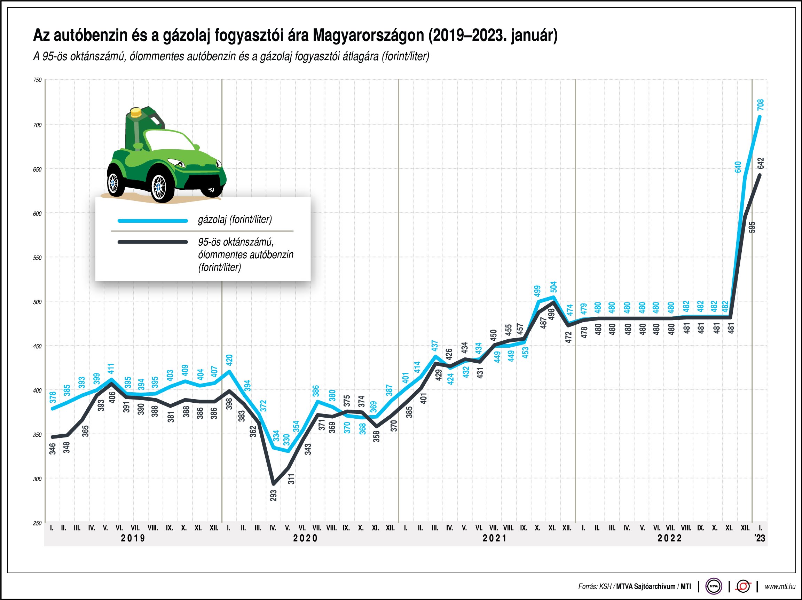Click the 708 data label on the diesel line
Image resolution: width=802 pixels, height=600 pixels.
(x=760, y=105)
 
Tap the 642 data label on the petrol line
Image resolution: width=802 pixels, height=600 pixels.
(x=761, y=163)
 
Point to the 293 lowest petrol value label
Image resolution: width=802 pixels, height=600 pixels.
(x=273, y=496)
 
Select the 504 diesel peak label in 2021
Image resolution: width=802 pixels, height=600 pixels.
(x=553, y=287)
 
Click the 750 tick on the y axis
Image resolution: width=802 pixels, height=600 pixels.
(x=37, y=80)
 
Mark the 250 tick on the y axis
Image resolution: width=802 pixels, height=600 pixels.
(x=37, y=523)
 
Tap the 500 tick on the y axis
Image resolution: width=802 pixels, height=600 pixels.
(x=37, y=302)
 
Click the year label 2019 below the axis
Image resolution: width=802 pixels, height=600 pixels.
(x=133, y=538)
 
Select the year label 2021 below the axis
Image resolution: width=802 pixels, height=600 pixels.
(x=495, y=538)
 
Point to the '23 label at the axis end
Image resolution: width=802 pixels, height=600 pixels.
(x=760, y=538)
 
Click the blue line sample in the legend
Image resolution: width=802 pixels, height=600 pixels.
(x=153, y=221)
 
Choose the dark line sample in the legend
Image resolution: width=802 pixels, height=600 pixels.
(x=153, y=242)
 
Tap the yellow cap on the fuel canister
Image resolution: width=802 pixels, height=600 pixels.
(x=136, y=112)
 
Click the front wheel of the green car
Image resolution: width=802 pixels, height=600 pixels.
(x=159, y=187)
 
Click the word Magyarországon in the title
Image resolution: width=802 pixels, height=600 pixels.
(x=368, y=35)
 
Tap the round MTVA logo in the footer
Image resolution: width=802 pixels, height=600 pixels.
(x=714, y=586)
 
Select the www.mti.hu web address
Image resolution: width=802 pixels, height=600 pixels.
(x=780, y=586)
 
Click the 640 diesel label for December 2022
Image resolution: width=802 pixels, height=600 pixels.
(x=738, y=167)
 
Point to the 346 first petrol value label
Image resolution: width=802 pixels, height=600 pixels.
(x=53, y=449)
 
